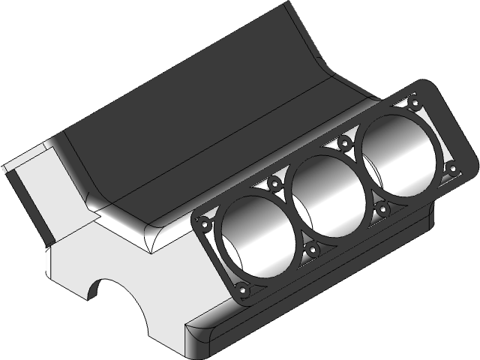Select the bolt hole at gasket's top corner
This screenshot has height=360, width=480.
413,96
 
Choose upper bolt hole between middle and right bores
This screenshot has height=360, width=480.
345,140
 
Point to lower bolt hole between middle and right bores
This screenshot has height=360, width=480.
381,208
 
